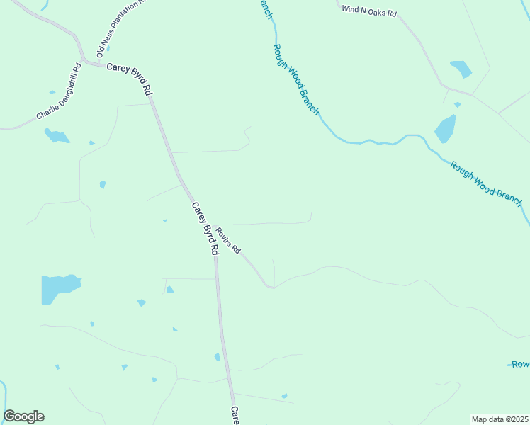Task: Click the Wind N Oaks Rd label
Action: tap(369, 10)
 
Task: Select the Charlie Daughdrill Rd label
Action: tap(60, 93)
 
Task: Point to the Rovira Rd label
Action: tap(229, 241)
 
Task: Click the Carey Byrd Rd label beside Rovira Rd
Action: tap(205, 228)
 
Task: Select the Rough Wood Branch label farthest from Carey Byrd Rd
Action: tap(486, 183)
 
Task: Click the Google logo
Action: tap(23, 416)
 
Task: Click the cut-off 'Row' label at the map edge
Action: tap(521, 364)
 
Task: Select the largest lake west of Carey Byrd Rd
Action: tap(59, 288)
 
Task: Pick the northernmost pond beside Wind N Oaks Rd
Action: tap(461, 69)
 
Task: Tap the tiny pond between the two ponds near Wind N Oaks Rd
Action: tap(458, 105)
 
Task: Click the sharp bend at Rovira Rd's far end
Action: tap(270, 287)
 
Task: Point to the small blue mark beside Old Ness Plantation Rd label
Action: tap(108, 50)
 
